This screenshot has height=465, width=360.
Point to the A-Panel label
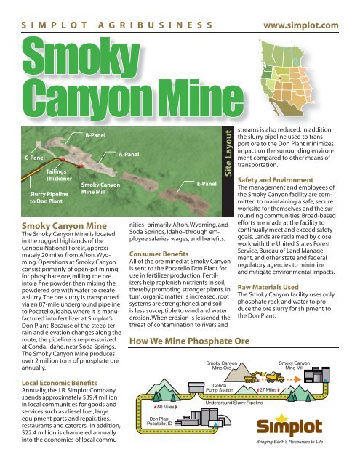[129, 155]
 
